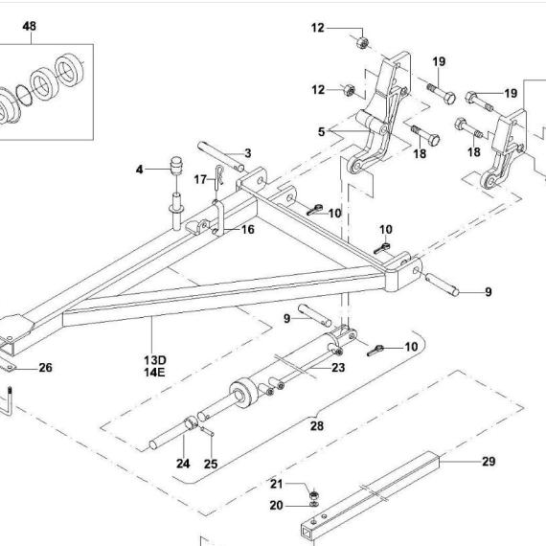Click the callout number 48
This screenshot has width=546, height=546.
coord(30,26)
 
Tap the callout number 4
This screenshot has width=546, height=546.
coord(139,170)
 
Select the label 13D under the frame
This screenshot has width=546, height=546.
coord(155,360)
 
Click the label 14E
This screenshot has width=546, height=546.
coord(154,373)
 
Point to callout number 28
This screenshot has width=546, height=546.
coord(317,425)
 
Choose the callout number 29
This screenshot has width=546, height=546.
coord(489,462)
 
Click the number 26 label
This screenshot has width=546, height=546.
coord(45,368)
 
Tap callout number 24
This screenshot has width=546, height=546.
coord(183,464)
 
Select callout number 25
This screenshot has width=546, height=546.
coord(211,464)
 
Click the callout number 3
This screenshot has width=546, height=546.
coord(247,153)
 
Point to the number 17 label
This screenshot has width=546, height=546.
coord(200,179)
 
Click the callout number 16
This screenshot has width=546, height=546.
coord(247,230)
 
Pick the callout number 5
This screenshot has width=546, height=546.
coord(321,132)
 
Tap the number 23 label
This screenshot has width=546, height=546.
coord(338,368)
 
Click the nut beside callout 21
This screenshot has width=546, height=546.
coord(314,494)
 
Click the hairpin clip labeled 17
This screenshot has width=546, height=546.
coord(218,177)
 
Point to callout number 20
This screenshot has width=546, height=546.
coord(277,505)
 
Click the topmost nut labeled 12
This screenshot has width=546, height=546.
coord(362,42)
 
